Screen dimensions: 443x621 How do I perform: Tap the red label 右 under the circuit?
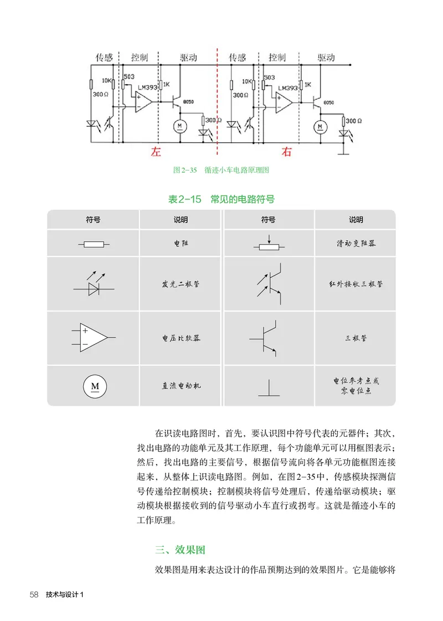coord(287,152)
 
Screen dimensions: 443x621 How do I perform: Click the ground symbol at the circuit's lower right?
coord(346,152)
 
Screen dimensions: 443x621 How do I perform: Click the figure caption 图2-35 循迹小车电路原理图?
coord(221,170)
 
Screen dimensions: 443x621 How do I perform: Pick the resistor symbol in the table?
coord(93,244)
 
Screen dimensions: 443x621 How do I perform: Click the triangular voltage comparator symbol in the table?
coord(93,337)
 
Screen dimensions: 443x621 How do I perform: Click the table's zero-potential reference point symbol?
coord(269,390)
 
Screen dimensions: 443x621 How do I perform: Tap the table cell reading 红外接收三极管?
coord(356,284)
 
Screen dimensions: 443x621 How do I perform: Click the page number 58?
coord(33,595)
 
